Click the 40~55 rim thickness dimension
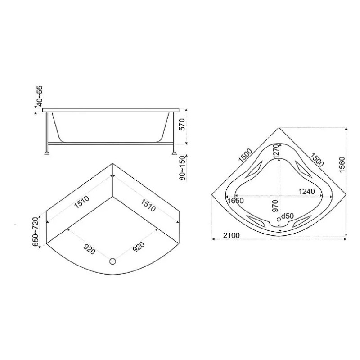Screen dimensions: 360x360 pyautogui.click(x=40, y=96)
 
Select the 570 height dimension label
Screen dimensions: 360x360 pyautogui.click(x=182, y=124)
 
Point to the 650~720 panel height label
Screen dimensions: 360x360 pyautogui.click(x=36, y=231)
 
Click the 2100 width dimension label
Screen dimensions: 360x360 pyautogui.click(x=231, y=235)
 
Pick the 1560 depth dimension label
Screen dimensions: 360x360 pyautogui.click(x=342, y=165)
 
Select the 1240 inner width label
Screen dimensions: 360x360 pyautogui.click(x=306, y=191)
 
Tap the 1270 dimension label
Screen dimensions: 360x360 pyautogui.click(x=275, y=151)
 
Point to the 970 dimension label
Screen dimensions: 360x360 pyautogui.click(x=275, y=206)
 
